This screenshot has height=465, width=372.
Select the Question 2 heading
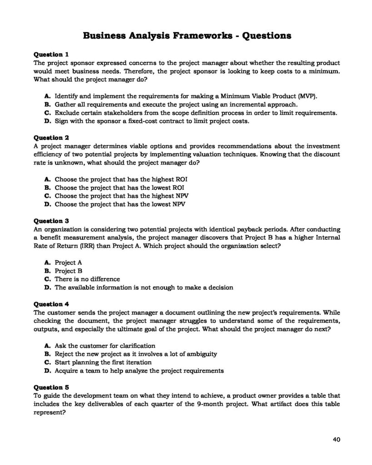pos(52,138)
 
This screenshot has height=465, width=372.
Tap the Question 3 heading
pos(52,221)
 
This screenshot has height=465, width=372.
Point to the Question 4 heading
pos(52,304)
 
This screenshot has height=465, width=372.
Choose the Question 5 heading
pos(52,388)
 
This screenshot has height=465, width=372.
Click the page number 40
pos(336,439)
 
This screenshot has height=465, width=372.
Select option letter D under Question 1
pos(47,121)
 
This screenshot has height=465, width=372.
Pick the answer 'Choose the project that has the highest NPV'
pos(122,196)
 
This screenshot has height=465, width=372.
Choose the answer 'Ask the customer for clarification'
pos(105,346)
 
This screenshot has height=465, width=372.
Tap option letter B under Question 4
pos(47,354)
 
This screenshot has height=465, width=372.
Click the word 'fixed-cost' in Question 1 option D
pos(119,121)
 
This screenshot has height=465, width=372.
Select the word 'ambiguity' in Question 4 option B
pos(203,354)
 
